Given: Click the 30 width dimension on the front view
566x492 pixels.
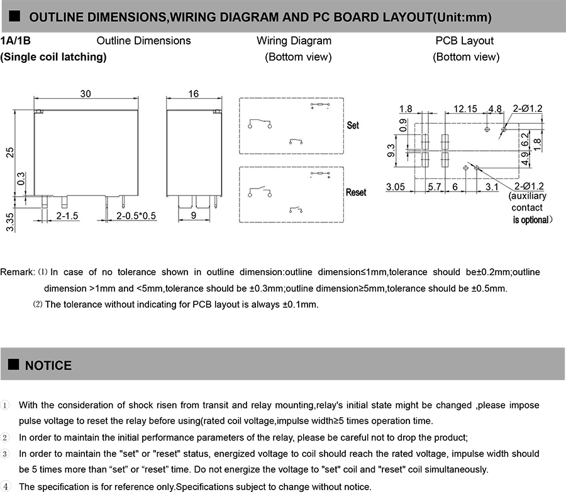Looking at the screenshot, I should point(86,94).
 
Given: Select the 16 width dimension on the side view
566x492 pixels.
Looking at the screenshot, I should point(193,94).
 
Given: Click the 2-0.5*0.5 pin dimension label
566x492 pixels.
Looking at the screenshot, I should point(136,216).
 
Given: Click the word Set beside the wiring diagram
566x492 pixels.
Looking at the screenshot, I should point(353,126).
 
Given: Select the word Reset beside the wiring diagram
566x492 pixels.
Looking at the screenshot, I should point(356,192).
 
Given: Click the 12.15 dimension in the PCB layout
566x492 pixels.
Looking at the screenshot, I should point(465,109).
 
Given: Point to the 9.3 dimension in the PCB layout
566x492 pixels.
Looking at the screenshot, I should point(391,151).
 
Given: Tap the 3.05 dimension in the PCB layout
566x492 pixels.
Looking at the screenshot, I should point(396,187).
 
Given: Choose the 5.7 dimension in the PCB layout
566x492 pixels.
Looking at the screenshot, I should point(434,187).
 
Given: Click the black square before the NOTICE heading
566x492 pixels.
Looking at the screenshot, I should point(13,365).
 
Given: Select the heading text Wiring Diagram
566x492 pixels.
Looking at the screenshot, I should point(294,41).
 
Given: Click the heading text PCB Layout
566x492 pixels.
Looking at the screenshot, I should point(465,41).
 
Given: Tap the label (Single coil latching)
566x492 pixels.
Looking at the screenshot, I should point(53,57).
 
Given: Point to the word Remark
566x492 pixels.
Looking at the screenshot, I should point(17,272).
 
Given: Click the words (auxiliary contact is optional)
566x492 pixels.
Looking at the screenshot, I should point(528,208).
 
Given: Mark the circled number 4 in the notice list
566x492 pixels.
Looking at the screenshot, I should point(6,486).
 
